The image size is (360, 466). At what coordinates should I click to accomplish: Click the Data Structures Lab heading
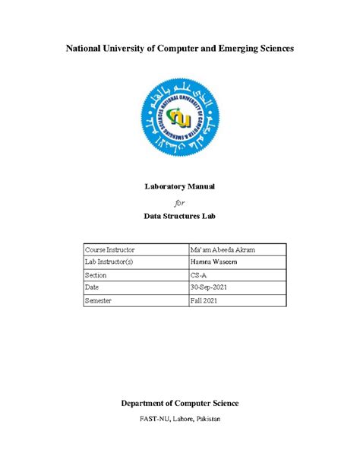click(179, 217)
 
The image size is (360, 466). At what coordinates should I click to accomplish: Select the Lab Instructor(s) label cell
click(111, 262)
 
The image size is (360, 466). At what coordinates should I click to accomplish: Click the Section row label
click(96, 275)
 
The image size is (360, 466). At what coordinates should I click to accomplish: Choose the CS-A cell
click(198, 275)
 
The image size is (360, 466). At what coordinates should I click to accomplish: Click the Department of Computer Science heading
click(179, 403)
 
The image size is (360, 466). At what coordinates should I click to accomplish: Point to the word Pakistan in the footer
click(221, 420)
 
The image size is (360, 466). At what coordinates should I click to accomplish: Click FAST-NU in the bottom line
click(156, 420)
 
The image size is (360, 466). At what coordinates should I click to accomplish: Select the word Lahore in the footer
click(190, 420)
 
